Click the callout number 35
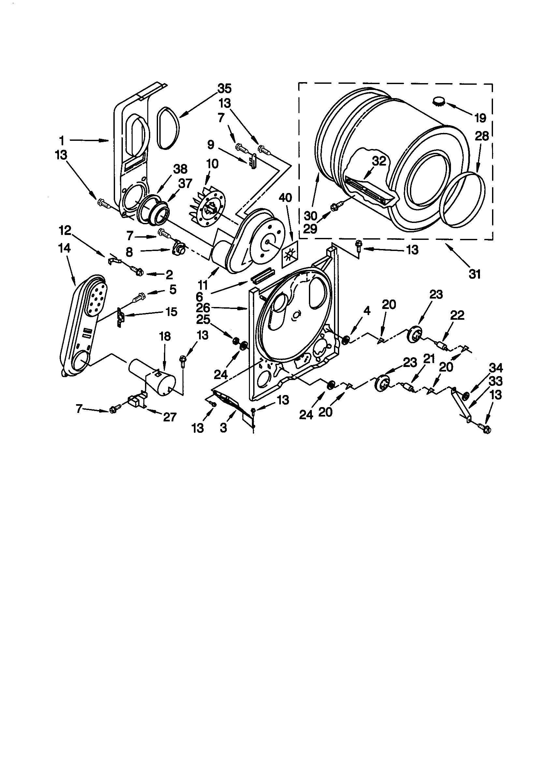pos(225,89)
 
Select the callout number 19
pos(480,117)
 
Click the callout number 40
pos(285,198)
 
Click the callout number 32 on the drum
pos(379,161)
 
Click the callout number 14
pos(65,248)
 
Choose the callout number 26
pos(203,308)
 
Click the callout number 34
pos(496,368)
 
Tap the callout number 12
pos(65,230)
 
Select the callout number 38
pos(181,169)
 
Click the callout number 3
pos(223,428)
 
